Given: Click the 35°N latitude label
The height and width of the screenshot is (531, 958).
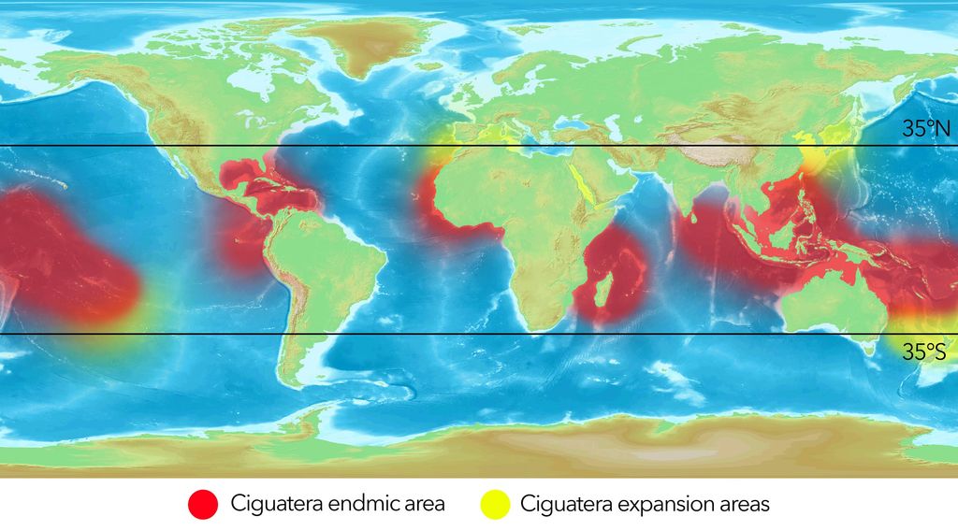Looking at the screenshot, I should pyautogui.click(x=925, y=129).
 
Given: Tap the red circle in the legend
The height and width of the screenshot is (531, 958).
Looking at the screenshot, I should pyautogui.click(x=202, y=504).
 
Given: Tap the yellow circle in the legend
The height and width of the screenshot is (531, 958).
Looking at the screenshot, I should pyautogui.click(x=496, y=504).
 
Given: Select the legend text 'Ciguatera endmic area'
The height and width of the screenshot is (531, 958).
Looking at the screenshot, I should pyautogui.click(x=338, y=504).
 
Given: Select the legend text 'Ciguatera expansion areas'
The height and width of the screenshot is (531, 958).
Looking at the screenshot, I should pyautogui.click(x=645, y=504).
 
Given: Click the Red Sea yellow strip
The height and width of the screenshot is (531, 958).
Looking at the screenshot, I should pyautogui.click(x=585, y=187).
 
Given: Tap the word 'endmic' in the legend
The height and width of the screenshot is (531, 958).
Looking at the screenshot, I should pyautogui.click(x=356, y=504).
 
